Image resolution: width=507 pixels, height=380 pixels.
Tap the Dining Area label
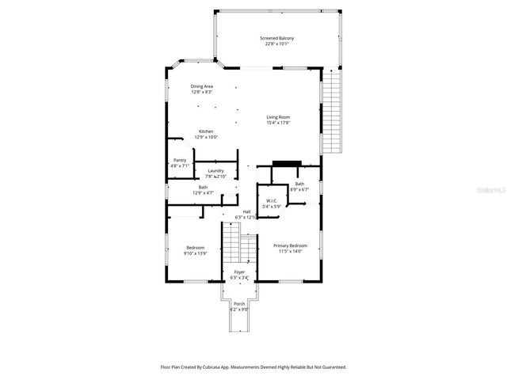coord(201,85)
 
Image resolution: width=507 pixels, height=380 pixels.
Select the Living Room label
coord(278,117)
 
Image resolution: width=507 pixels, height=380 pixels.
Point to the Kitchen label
coord(206,131)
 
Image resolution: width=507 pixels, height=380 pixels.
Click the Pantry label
coord(180,160)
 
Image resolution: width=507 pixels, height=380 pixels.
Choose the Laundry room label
coord(215,170)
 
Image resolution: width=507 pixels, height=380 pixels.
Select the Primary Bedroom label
coord(290,246)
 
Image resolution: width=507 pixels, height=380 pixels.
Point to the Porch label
coord(238,304)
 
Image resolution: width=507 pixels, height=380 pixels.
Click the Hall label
coord(246,211)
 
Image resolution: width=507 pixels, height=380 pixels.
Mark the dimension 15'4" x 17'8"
coord(278,123)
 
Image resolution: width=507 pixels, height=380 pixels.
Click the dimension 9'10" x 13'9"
coord(195,253)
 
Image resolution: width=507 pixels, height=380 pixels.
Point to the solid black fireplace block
coord(282,164)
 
